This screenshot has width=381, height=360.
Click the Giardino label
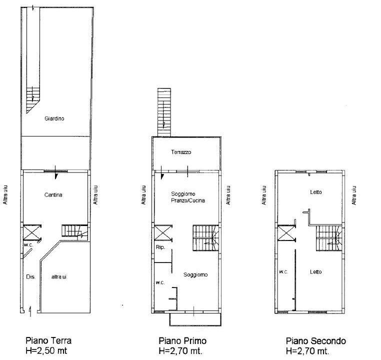[54, 118]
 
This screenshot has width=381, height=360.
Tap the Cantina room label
[53, 195]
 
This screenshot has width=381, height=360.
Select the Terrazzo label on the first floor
[181, 152]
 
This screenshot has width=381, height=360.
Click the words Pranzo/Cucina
[188, 200]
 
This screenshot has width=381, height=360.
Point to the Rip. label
[160, 247]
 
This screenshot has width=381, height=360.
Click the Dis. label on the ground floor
[30, 276]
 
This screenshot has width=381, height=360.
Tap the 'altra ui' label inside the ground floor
[59, 276]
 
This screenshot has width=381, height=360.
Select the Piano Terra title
[48, 340]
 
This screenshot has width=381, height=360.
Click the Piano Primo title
[182, 341]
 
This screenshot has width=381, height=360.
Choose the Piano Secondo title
[316, 341]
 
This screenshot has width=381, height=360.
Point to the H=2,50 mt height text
[46, 351]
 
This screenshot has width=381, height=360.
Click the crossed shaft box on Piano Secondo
[286, 233]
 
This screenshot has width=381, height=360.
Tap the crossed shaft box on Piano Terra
[32, 232]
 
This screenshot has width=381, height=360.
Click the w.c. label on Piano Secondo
[283, 272]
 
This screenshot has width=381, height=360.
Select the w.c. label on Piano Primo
[160, 282]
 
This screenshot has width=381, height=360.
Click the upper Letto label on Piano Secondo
[316, 192]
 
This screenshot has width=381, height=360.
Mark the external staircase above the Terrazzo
[164, 112]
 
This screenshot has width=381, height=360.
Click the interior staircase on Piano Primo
[205, 238]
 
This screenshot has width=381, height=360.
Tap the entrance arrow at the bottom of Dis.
[30, 311]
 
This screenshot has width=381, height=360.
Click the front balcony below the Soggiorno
[195, 319]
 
